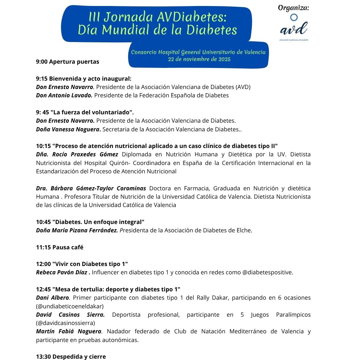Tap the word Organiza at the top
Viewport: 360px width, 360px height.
click(293, 8)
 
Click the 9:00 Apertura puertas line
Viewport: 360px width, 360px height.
click(68, 62)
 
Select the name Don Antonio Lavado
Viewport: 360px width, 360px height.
click(65, 95)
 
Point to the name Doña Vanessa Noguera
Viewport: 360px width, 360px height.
click(68, 129)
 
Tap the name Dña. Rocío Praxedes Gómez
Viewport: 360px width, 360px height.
click(77, 154)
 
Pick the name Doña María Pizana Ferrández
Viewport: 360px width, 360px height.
click(77, 230)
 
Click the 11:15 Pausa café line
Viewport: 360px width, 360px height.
click(60, 247)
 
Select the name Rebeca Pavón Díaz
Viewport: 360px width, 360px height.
click(62, 272)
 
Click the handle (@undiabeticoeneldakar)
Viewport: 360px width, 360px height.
click(70, 306)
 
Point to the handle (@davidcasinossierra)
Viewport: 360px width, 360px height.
click(66, 323)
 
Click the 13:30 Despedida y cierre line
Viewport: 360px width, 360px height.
click(71, 357)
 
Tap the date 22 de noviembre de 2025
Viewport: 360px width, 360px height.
click(199, 59)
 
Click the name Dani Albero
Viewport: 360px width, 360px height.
click(52, 298)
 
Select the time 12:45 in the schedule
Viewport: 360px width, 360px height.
click(43, 289)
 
